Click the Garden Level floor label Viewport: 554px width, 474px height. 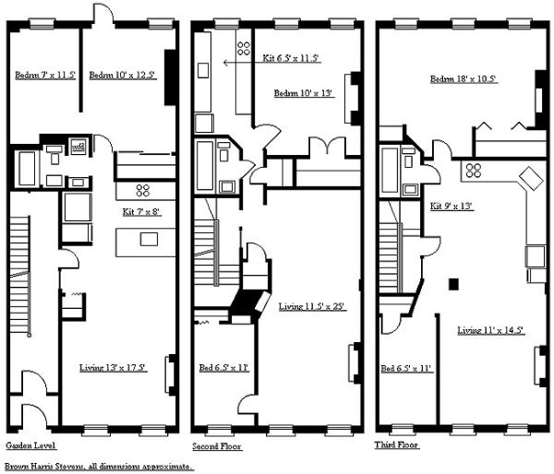coord(31,445)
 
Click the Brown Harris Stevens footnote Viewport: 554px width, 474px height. coord(99,467)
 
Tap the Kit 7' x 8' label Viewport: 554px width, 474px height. coord(142,212)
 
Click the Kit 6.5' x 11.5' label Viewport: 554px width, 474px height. coord(291,58)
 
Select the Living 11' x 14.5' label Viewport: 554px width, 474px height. coord(491,329)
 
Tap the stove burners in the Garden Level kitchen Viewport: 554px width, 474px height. coord(143,191)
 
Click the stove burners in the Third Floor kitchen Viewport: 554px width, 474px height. coord(476,170)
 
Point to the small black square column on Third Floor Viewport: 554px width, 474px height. coord(453,283)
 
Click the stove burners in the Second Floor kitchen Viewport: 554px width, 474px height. coord(244,46)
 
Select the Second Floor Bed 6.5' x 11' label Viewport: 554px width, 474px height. coord(224,368)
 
